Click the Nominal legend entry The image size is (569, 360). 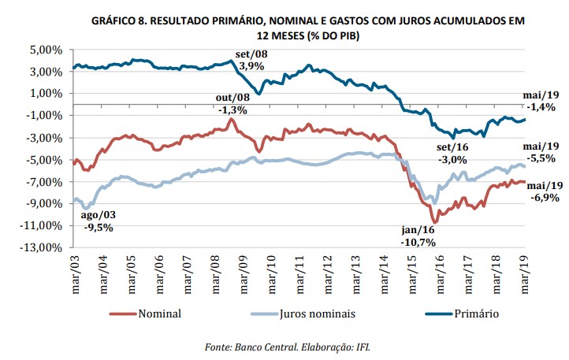point(158,314)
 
